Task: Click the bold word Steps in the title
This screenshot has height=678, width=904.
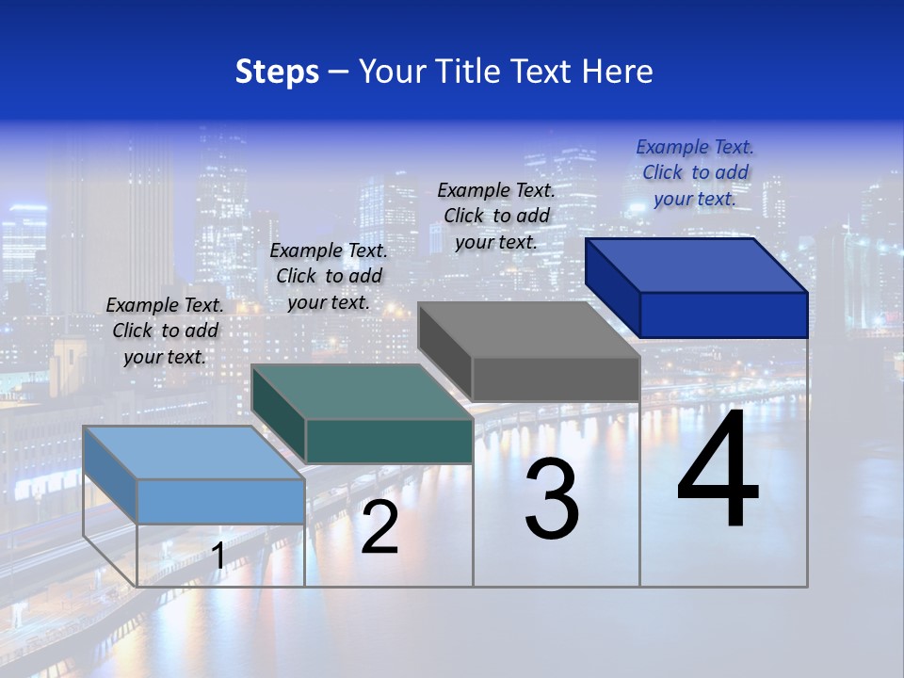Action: pos(276,72)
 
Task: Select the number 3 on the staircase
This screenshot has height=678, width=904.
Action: pos(552,500)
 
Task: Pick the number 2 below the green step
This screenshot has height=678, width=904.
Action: pos(379,527)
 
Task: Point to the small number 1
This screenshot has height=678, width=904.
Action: pos(218,556)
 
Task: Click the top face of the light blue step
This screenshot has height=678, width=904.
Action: pos(193,453)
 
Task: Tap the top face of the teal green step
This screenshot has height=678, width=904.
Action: pos(362,392)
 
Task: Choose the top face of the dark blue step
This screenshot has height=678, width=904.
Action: pos(697,266)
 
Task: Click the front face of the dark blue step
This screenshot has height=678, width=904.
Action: pos(723,315)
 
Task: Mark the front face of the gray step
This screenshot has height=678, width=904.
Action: pos(556,379)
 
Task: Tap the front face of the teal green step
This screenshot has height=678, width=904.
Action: pos(389,441)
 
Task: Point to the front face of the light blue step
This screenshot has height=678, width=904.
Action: pos(220,501)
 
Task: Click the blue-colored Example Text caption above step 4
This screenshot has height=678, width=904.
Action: pos(695,172)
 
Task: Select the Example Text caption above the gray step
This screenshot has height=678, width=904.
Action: pos(496,216)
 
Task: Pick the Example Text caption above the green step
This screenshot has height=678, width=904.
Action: pos(329,276)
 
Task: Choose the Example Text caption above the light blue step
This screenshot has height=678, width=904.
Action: pos(165,331)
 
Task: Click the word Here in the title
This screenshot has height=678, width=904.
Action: pos(618,72)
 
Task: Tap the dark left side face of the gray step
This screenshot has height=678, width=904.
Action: pos(444,351)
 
